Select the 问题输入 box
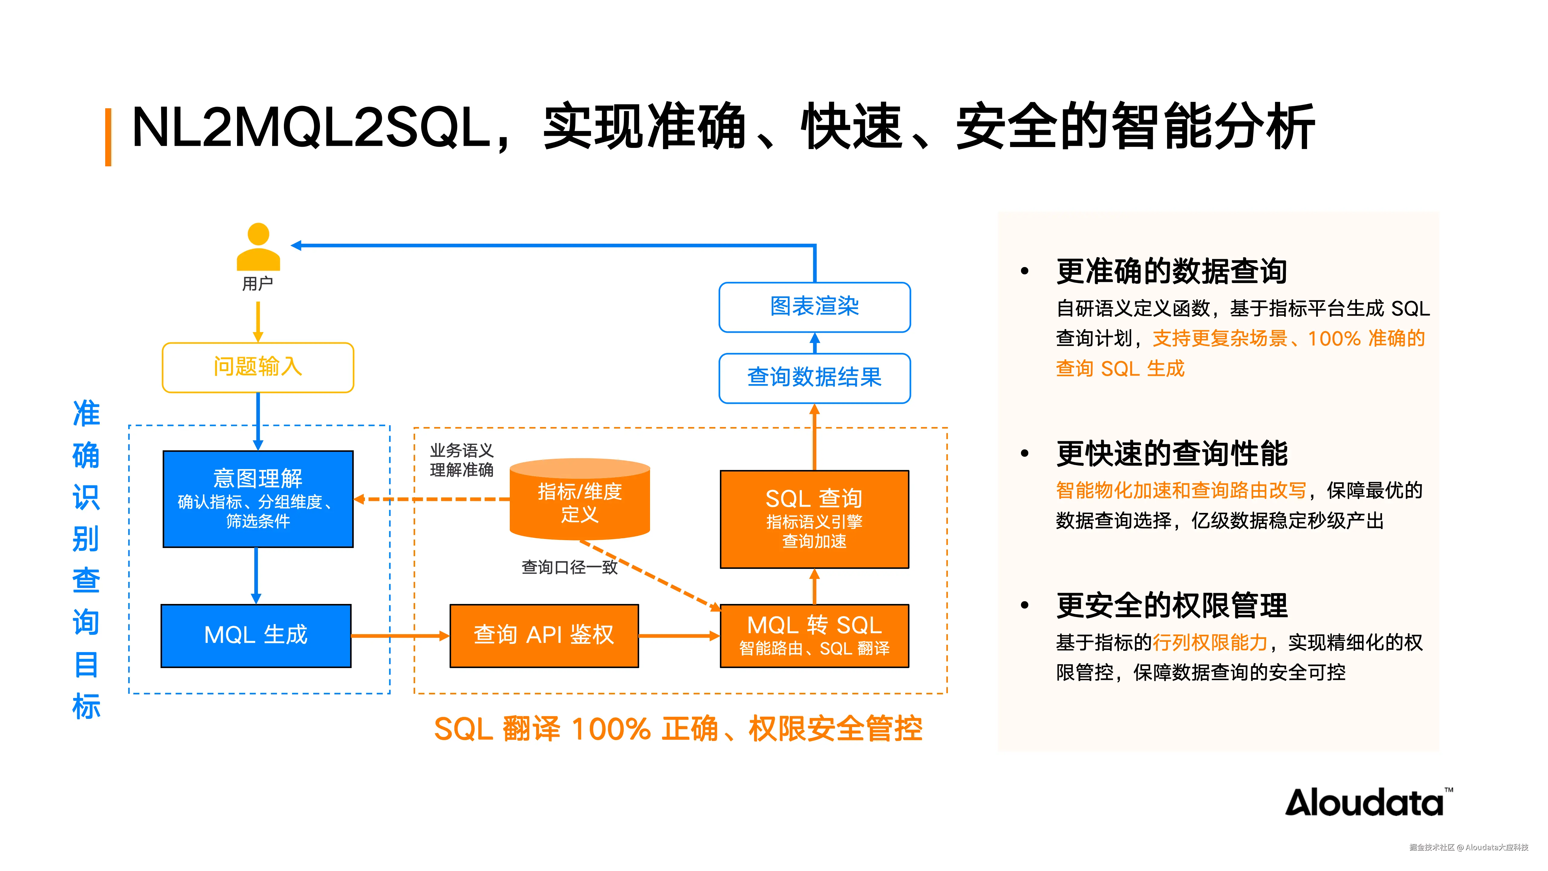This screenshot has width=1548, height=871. (258, 367)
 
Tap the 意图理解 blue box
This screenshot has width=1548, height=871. (258, 499)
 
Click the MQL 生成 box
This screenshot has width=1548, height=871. (256, 635)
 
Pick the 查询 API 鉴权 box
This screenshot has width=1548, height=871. (544, 635)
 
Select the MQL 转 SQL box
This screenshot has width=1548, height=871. (814, 635)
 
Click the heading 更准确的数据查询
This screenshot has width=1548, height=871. (1171, 271)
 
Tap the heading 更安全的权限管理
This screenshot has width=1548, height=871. (1171, 605)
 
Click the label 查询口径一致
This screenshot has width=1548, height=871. (569, 567)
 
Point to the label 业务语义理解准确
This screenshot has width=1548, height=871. (461, 460)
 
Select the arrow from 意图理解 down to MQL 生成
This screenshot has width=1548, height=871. (256, 576)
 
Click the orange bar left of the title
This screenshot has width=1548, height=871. (108, 137)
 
